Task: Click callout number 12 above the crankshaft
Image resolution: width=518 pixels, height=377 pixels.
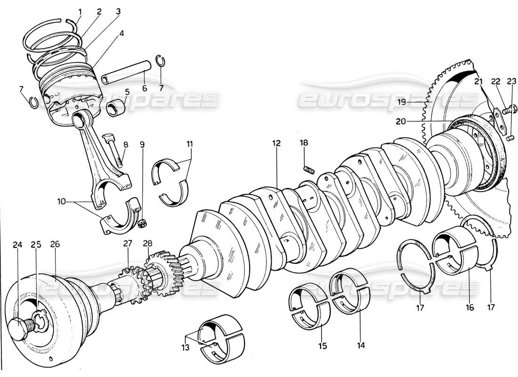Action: (x=276, y=143)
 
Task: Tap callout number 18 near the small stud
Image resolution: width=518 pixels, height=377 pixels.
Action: (x=305, y=143)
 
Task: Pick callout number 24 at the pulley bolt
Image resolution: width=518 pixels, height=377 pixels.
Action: (x=17, y=245)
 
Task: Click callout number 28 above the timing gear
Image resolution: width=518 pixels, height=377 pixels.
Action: (x=148, y=243)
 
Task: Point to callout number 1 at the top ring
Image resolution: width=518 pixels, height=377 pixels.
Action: (x=80, y=10)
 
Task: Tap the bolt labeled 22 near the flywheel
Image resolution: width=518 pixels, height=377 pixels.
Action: (x=506, y=112)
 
